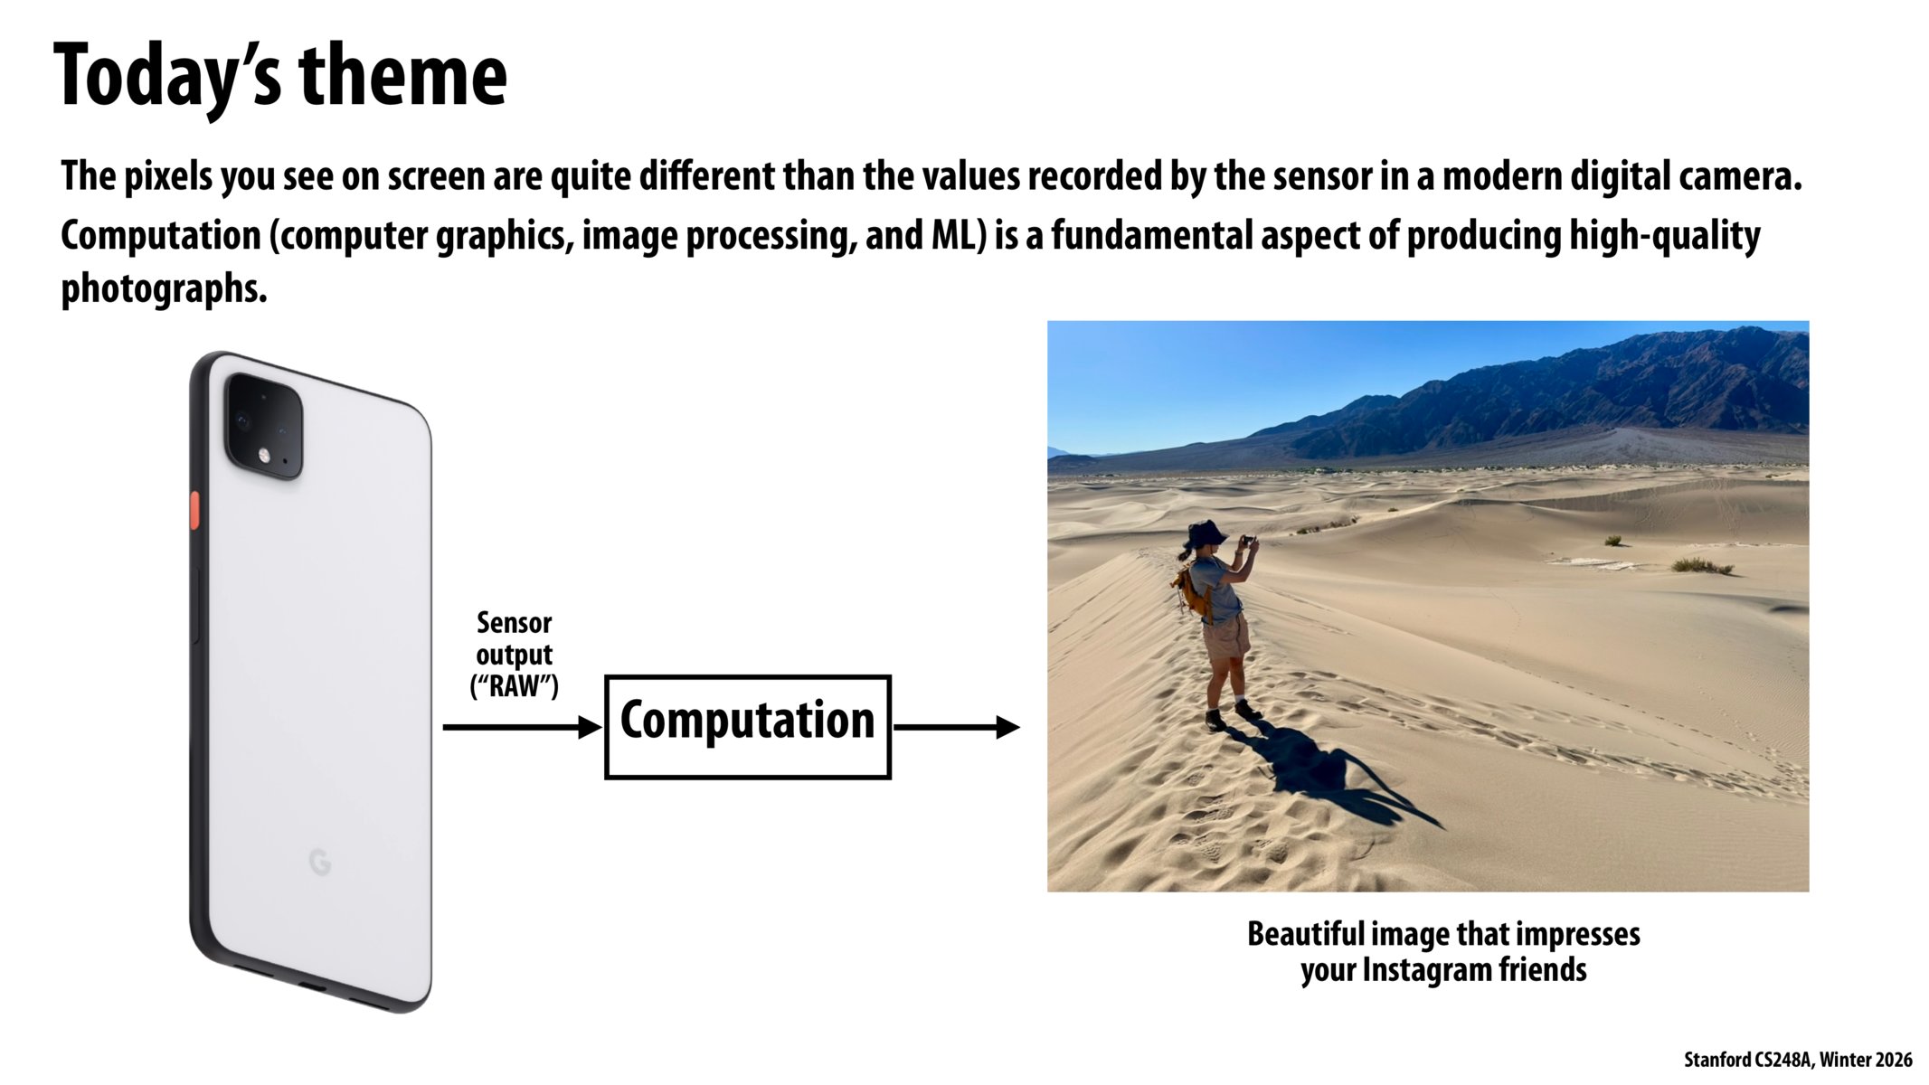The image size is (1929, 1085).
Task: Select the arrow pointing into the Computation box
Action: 522,727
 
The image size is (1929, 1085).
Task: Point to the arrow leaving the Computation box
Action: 957,727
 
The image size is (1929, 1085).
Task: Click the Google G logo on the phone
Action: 319,863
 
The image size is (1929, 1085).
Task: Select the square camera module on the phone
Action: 263,426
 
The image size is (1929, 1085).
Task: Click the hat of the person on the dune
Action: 1206,533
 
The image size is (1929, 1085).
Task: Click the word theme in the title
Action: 402,76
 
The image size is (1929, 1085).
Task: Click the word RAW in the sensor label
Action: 514,686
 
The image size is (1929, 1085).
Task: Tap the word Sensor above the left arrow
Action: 514,622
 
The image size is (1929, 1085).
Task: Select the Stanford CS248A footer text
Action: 1798,1060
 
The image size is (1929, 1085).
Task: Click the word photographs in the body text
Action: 164,289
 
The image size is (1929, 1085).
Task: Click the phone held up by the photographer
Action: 1248,542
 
